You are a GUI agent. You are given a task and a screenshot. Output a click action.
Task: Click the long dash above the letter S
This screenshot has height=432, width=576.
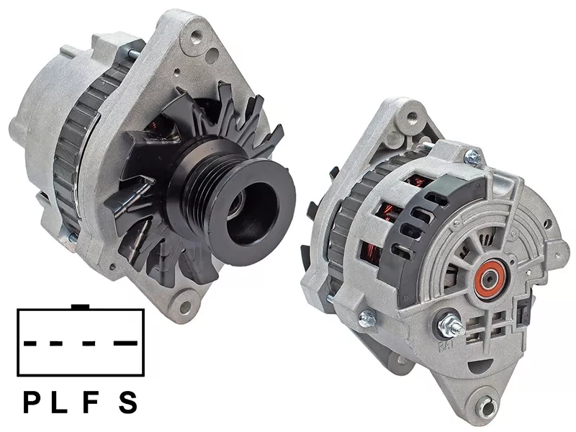(x=125, y=343)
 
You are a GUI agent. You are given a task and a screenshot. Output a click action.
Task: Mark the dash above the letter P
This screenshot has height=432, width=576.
(x=30, y=343)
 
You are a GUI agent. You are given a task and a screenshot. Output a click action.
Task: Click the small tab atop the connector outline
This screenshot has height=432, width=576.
(x=81, y=307)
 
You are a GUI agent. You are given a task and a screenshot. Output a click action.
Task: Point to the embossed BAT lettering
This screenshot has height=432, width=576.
(x=446, y=345)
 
